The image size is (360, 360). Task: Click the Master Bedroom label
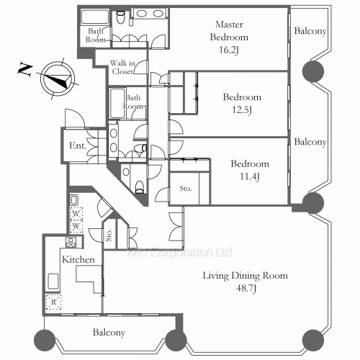point(229,31)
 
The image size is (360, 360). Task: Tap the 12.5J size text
point(242,110)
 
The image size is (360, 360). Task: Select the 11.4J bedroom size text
point(250,176)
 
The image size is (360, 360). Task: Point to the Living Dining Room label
point(246,276)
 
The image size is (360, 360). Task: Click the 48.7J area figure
point(246,288)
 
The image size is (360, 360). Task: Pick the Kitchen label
point(78,259)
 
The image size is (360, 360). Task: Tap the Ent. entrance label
point(78,145)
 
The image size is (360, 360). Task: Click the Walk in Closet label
point(122,67)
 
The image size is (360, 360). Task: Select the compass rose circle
point(58,78)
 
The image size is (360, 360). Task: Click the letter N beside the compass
point(25,69)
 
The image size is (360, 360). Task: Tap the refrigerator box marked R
point(54,302)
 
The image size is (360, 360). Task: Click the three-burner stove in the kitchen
point(71,243)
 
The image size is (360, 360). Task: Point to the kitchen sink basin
point(53,281)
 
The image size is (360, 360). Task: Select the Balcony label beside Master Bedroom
point(310,31)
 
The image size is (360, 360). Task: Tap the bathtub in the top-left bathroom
point(95,17)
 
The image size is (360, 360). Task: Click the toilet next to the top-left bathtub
point(120,17)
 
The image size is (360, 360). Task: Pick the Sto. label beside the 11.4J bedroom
point(186,189)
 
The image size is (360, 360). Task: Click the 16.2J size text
point(229,50)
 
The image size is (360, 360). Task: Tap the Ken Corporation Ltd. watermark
point(179,252)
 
